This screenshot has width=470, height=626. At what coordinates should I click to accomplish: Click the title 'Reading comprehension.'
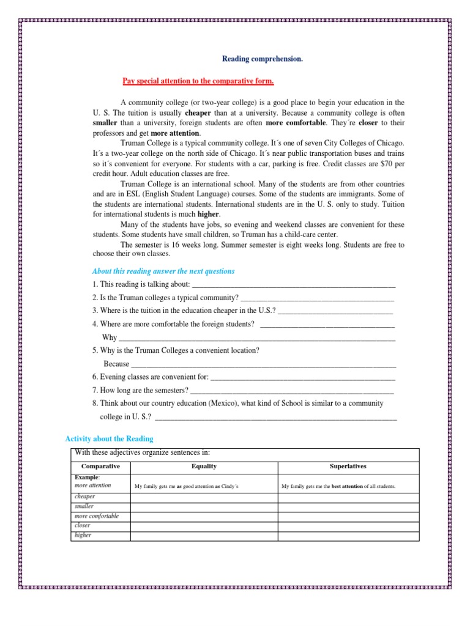pyautogui.click(x=262, y=59)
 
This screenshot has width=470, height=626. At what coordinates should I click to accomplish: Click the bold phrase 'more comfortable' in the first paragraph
pyautogui.click(x=292, y=123)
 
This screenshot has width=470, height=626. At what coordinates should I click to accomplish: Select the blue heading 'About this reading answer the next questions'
pyautogui.click(x=163, y=271)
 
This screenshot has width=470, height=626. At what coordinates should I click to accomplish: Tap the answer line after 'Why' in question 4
pyautogui.click(x=257, y=337)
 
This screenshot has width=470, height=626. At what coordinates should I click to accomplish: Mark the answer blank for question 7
pyautogui.click(x=293, y=390)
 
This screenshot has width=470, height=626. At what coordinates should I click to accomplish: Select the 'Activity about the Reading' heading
pyautogui.click(x=109, y=439)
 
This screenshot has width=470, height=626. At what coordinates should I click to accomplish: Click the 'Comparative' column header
pyautogui.click(x=101, y=466)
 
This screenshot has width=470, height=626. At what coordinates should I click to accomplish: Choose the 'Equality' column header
pyautogui.click(x=204, y=466)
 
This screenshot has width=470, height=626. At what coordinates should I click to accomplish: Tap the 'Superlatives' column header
pyautogui.click(x=348, y=466)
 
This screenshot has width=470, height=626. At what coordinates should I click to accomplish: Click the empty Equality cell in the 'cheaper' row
pyautogui.click(x=204, y=498)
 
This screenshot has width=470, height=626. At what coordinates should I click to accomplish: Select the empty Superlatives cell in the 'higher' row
pyautogui.click(x=348, y=535)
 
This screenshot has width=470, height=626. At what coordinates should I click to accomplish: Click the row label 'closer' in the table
pyautogui.click(x=83, y=525)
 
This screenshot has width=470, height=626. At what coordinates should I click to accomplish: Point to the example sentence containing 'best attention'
pyautogui.click(x=338, y=487)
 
